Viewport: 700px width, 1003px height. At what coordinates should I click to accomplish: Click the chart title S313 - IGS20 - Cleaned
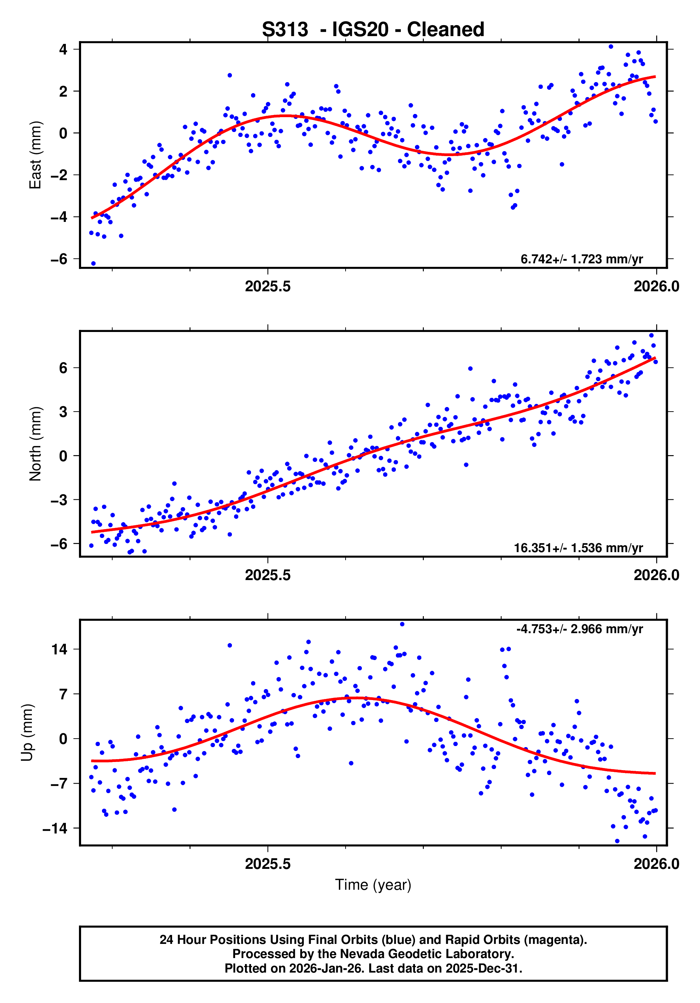[x=373, y=30]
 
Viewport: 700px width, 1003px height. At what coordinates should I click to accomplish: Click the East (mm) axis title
[x=35, y=155]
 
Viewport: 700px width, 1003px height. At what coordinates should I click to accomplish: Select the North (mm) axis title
[x=35, y=444]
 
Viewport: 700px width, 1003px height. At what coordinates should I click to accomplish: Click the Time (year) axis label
[x=373, y=884]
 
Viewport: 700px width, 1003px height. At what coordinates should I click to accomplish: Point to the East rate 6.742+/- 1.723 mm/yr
[x=581, y=259]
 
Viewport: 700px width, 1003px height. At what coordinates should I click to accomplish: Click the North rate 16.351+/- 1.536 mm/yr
[x=577, y=548]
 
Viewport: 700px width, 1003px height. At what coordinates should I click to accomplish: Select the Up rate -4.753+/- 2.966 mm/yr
[x=579, y=629]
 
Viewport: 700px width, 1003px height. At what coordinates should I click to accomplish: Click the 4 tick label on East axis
[x=63, y=49]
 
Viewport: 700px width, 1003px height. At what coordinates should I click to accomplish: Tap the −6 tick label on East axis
[x=59, y=259]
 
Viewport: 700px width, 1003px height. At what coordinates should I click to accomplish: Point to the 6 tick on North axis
[x=63, y=368]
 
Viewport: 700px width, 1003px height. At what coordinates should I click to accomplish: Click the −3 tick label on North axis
[x=59, y=500]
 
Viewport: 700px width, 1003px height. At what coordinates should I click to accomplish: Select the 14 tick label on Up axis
[x=59, y=649]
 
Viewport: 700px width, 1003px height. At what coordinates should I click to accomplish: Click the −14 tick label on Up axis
[x=55, y=828]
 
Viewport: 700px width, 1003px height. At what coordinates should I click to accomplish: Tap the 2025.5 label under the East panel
[x=267, y=287]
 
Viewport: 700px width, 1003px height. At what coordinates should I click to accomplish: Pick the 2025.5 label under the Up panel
[x=267, y=864]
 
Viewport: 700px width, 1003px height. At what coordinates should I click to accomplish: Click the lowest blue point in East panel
[x=93, y=263]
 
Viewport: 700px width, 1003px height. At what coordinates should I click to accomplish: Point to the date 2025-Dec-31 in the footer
[x=483, y=968]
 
